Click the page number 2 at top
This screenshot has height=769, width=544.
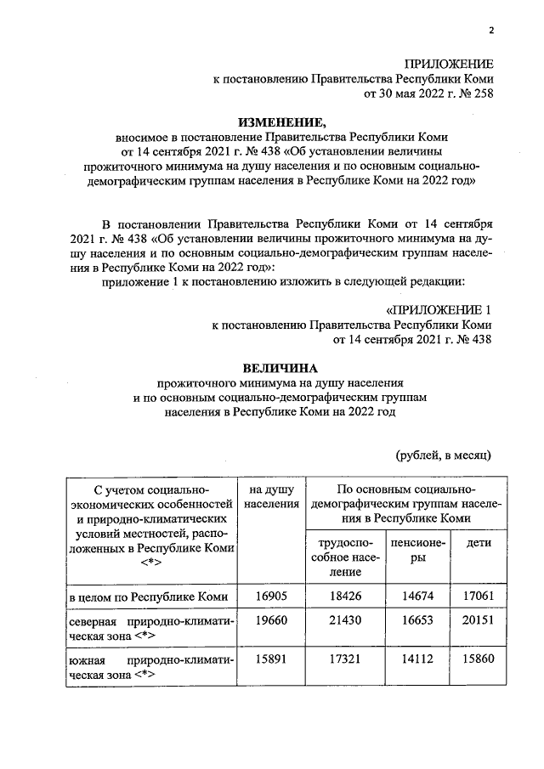[490, 31]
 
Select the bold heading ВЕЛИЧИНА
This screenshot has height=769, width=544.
[280, 368]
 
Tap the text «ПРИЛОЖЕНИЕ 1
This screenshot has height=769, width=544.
[439, 309]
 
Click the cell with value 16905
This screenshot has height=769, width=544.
[272, 597]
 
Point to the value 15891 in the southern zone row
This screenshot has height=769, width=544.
[272, 659]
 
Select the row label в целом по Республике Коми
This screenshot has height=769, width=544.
[148, 597]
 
